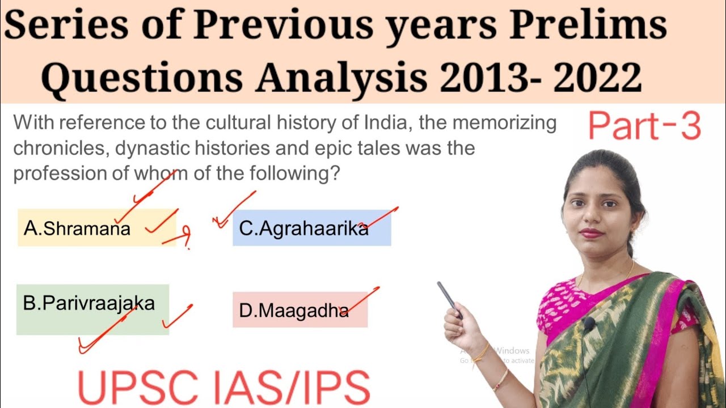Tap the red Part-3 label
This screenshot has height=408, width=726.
[x=644, y=126]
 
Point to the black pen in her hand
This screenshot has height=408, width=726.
[x=449, y=300]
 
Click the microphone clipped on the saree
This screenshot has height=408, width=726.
[x=588, y=325]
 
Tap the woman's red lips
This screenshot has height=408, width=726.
[x=591, y=233]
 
